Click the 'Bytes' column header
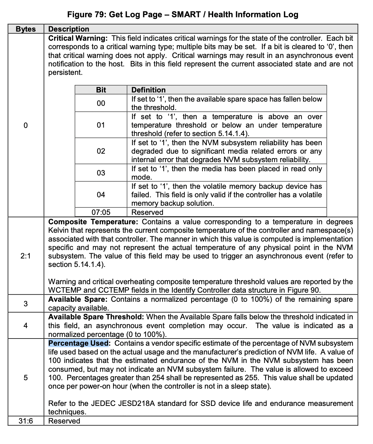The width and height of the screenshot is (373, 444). point(26,29)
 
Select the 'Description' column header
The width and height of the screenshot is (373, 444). point(68,29)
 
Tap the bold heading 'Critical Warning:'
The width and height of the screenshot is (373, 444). point(78,38)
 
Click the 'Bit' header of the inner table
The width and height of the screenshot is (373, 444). point(101,90)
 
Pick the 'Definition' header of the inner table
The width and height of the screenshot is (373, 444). point(148,90)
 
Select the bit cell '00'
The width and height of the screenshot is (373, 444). point(101,103)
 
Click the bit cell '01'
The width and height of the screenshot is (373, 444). point(101,125)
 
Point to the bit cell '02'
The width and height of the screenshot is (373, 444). point(101,151)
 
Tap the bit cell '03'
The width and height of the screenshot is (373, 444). point(101,173)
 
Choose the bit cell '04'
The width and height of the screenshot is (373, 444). point(101,195)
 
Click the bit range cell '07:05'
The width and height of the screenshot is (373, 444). point(101,212)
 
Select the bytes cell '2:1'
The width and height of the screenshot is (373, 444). point(26,256)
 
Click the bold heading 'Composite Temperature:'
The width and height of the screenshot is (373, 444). point(93,222)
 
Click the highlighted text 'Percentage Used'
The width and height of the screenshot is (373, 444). point(78,343)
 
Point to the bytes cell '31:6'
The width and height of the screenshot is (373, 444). point(26,421)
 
